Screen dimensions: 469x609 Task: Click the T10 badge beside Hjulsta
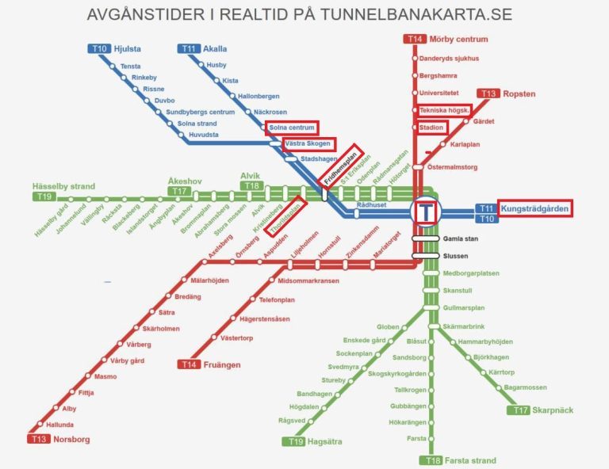point(98,48)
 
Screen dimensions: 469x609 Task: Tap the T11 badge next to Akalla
point(188,48)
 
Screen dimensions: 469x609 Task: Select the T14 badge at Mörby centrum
point(415,39)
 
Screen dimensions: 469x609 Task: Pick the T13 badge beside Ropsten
point(488,93)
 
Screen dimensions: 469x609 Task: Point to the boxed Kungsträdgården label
point(534,208)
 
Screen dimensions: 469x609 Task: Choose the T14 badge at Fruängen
point(188,364)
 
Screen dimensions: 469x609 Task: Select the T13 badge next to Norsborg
point(38,439)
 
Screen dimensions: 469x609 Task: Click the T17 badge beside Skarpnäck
point(520,410)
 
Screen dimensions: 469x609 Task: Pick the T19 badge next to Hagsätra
point(296,441)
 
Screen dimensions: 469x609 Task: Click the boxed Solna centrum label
point(292,128)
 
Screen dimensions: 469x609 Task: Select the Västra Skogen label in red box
point(310,143)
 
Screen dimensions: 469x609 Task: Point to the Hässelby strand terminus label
point(64,186)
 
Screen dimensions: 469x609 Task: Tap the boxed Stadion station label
point(433,127)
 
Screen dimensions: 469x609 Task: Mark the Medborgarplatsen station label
point(471,273)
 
